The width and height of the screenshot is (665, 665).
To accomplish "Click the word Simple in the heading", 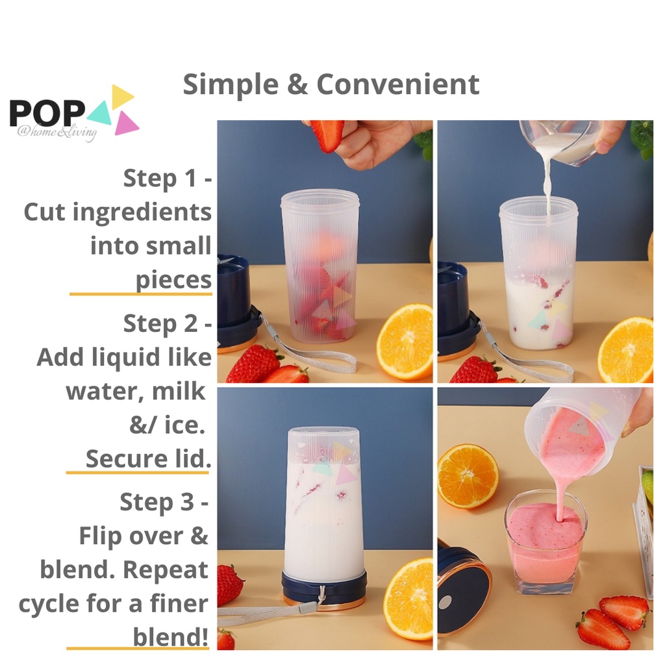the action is tap(231, 85).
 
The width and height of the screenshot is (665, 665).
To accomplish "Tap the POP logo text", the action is tap(47, 113).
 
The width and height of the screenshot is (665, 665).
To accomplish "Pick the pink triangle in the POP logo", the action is tap(125, 123).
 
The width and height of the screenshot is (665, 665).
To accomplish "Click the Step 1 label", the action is tap(167, 178).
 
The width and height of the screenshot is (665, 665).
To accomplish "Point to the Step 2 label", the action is tap(167, 323).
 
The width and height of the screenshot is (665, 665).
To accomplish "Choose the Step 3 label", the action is tap(164, 502).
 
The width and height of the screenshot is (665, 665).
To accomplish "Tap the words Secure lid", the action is tap(149, 459).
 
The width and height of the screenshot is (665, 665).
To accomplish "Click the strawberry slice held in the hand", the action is tap(327, 135).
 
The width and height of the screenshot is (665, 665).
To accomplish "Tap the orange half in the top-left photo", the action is tap(405, 342).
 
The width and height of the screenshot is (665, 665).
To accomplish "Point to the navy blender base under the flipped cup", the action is tap(324, 588).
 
